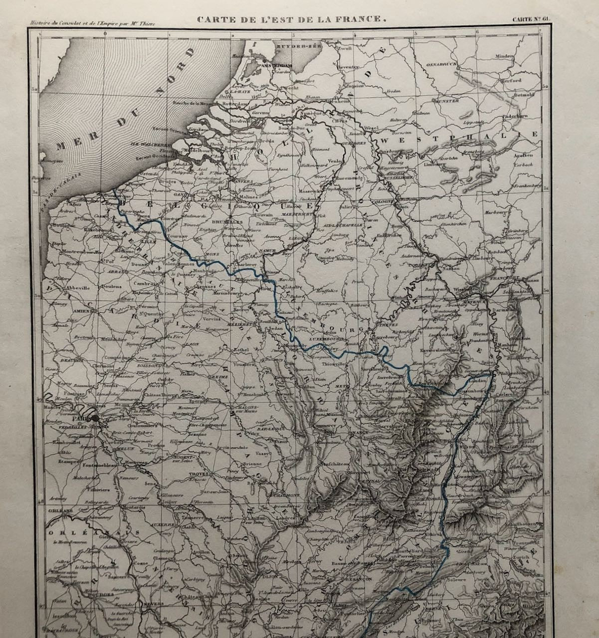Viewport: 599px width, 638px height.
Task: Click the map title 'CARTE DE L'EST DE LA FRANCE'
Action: point(292,20)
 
